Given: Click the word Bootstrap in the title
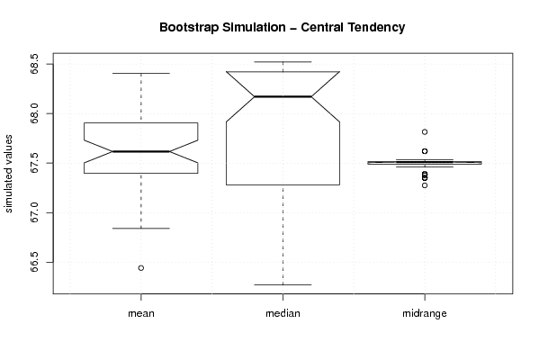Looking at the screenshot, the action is tap(188, 28).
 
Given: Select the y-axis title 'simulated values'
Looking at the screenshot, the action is tap(8, 174).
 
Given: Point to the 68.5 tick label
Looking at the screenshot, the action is tap(35, 64).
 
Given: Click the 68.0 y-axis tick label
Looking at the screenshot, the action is tap(35, 113).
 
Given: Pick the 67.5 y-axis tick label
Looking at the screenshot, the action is tap(35, 163).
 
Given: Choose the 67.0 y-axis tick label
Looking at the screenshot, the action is tap(35, 212).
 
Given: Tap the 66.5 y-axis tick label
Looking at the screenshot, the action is tap(35, 262).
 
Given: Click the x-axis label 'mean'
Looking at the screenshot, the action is tap(141, 313).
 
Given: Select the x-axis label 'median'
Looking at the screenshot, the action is tap(283, 313).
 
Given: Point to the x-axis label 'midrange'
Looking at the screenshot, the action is tap(425, 313).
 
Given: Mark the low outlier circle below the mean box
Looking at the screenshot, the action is tap(141, 268).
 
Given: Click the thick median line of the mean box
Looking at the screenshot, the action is tap(141, 151).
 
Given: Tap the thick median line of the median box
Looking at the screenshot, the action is tap(283, 96).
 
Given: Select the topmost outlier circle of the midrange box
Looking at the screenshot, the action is tap(425, 131).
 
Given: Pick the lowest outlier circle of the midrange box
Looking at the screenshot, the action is tap(425, 185).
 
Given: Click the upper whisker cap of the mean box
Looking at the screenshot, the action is tap(141, 73).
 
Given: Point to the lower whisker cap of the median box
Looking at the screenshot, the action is tap(283, 284).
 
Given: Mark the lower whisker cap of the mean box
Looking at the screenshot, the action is tap(141, 229).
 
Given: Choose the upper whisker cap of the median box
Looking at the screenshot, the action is tap(283, 62).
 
